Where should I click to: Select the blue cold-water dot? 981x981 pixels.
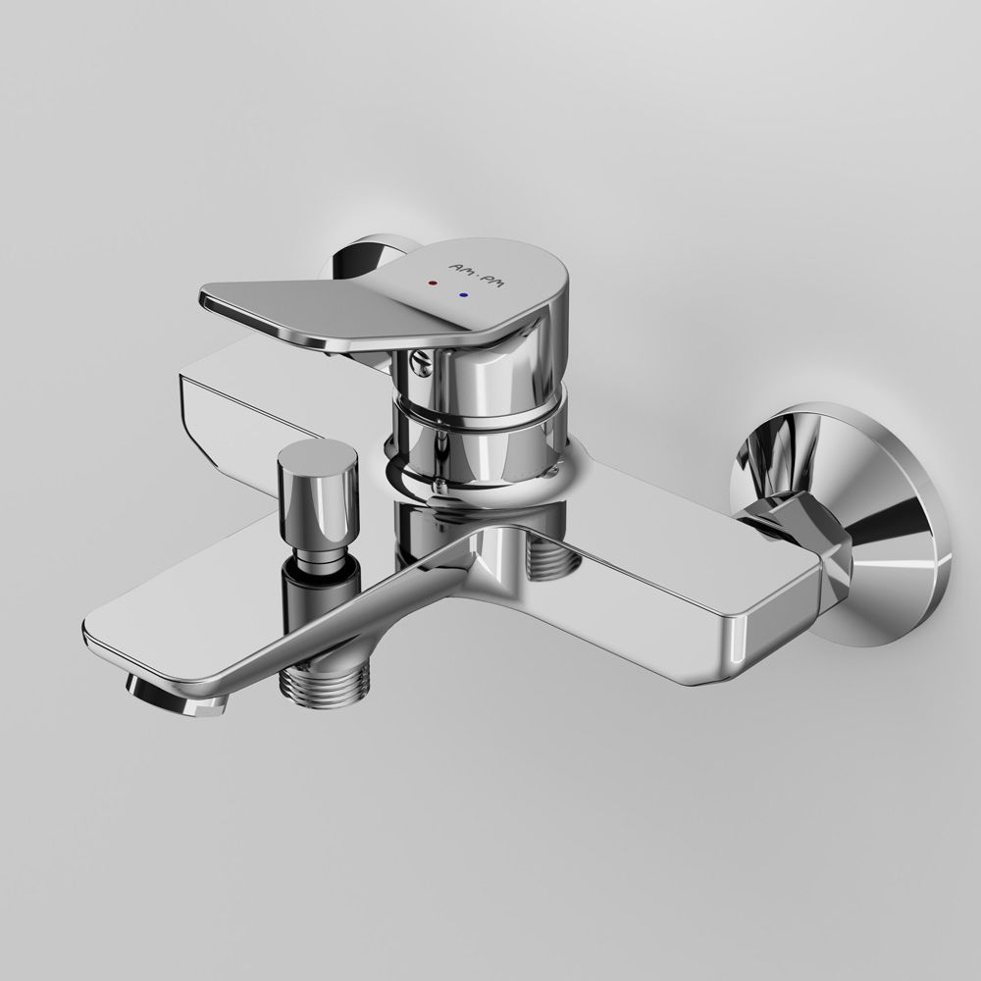click(463, 293)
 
